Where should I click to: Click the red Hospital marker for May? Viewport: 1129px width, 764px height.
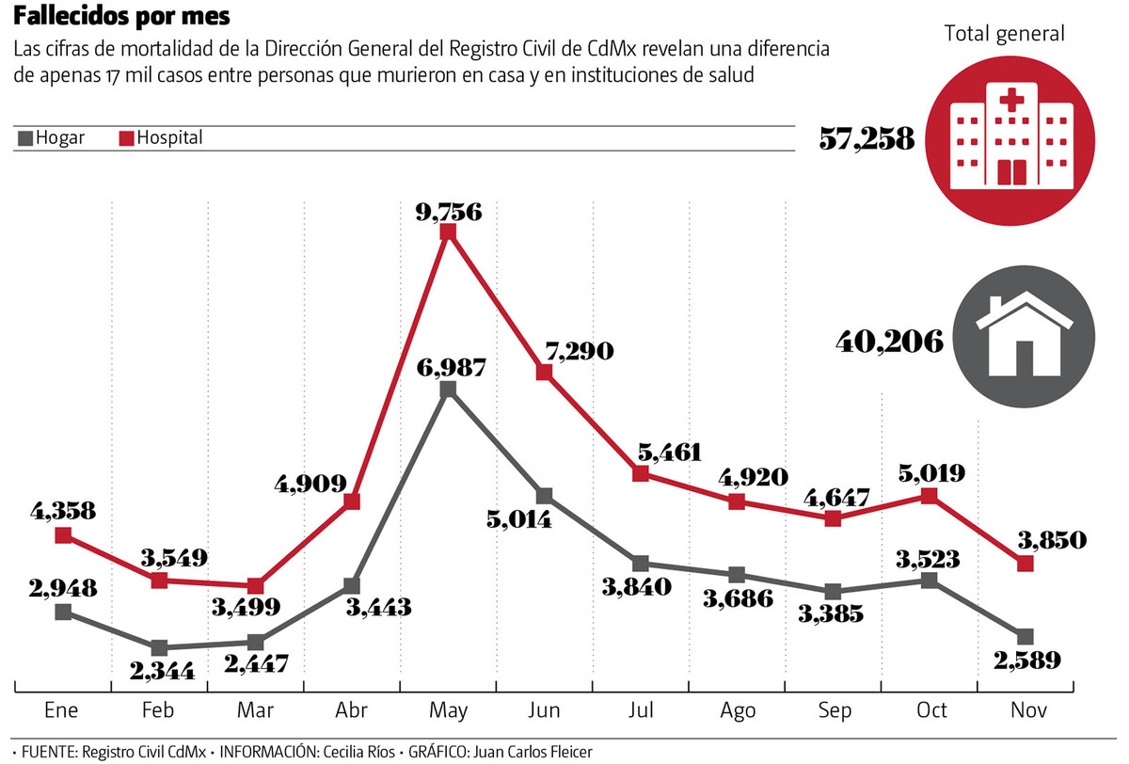click(448, 231)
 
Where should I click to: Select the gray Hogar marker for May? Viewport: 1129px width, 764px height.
click(448, 389)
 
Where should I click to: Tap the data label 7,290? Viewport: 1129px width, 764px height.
click(576, 352)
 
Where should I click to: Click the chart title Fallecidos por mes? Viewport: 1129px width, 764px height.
click(120, 18)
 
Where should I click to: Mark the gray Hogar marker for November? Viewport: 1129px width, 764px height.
click(1026, 637)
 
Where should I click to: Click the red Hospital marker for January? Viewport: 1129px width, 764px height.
click(63, 535)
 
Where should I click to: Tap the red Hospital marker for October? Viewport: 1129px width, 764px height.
click(930, 496)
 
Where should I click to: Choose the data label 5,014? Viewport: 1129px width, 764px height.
click(518, 520)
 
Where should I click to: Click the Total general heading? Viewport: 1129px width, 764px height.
click(1005, 34)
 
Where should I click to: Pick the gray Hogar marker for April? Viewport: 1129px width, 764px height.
click(352, 586)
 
